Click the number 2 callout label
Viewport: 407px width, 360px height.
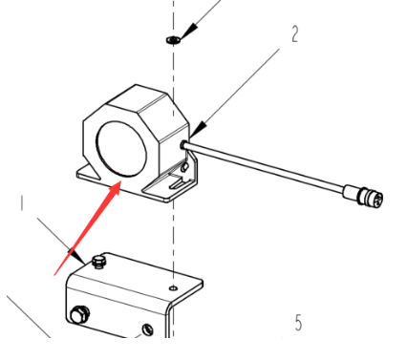[x=295, y=34]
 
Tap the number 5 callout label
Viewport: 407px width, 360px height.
[x=298, y=323]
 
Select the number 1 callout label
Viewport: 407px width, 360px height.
[x=22, y=203]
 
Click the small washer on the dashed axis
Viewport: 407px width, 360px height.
[x=173, y=40]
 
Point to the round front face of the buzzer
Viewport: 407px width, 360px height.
[x=121, y=149]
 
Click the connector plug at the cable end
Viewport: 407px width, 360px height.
[x=364, y=196]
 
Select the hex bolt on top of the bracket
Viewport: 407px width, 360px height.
[x=99, y=262]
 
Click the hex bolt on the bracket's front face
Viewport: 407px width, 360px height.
[x=79, y=315]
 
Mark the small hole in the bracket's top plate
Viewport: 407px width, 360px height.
[x=173, y=288]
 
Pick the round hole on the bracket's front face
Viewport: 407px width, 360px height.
[x=147, y=329]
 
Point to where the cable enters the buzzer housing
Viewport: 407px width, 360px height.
[x=183, y=145]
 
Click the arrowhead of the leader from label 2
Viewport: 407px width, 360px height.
[x=198, y=131]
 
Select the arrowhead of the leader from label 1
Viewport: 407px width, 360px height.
[x=77, y=256]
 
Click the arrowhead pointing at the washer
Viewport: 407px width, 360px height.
[x=188, y=32]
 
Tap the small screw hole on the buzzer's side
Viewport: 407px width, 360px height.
[x=183, y=167]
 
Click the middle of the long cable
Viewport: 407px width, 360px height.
[x=265, y=167]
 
